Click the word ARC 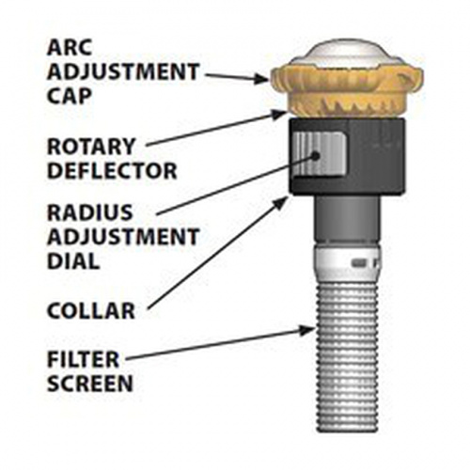pos(70,47)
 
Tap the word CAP pos(70,96)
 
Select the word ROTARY pos(91,147)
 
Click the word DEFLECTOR pos(112,170)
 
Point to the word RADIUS pos(89,212)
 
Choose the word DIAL pos(73,261)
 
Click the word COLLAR pos(91,310)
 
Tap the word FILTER pos(83,359)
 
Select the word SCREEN pos(90,383)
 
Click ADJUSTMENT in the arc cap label pos(123,71)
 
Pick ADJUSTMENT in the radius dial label pos(123,237)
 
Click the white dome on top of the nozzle pos(347,54)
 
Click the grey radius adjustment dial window pos(319,154)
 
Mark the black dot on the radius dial pos(315,155)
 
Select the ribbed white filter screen pos(347,355)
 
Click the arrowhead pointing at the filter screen pos(306,331)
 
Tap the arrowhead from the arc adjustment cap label pos(261,78)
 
